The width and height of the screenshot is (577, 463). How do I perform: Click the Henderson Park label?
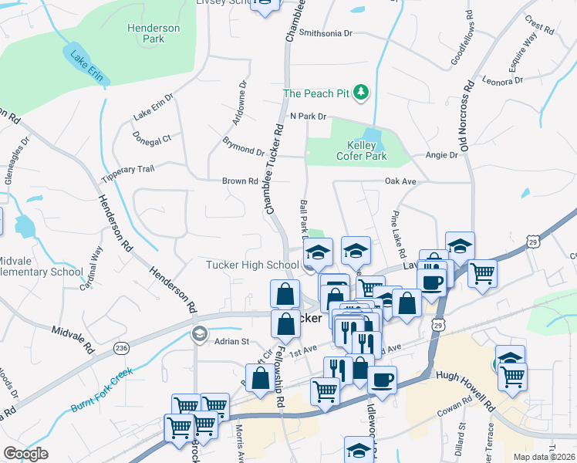(x=154, y=33)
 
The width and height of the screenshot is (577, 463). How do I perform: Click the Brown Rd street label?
(x=240, y=181)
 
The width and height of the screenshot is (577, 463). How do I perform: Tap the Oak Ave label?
(x=400, y=181)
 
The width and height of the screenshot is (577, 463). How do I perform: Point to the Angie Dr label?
(x=442, y=155)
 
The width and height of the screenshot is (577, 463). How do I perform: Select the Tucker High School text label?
(x=252, y=265)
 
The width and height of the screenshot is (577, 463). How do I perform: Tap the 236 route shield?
(x=121, y=349)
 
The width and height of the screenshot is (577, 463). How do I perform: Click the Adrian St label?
(x=232, y=340)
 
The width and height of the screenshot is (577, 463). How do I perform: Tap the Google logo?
(x=25, y=454)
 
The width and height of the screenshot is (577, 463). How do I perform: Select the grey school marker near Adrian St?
(x=199, y=334)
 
